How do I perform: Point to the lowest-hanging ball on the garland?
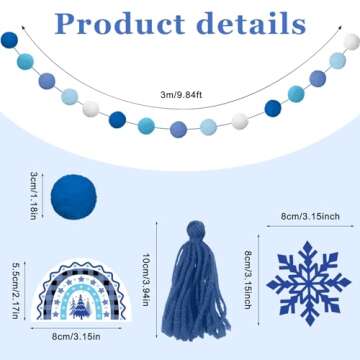click(x=179, y=129)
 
